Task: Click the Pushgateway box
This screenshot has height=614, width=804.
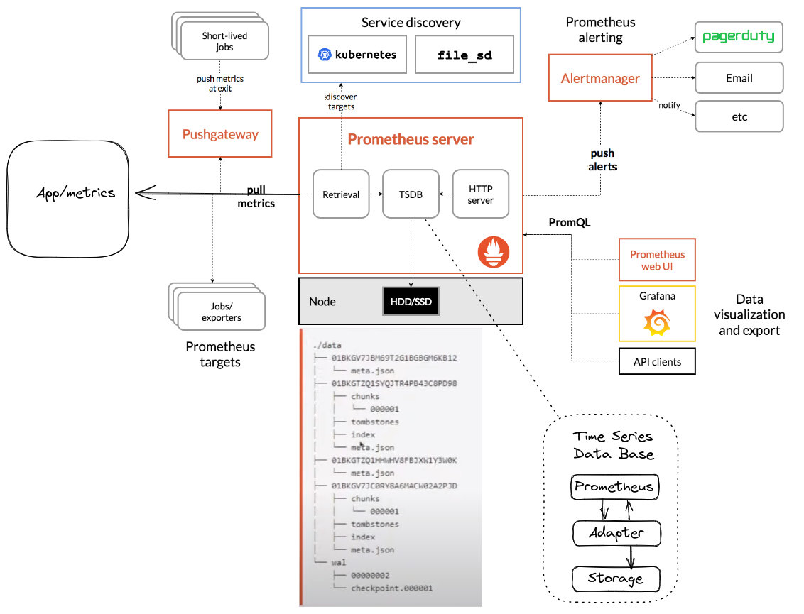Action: pyautogui.click(x=220, y=133)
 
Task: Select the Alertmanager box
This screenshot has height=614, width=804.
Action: pyautogui.click(x=600, y=78)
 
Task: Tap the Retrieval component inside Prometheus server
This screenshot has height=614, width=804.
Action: pyautogui.click(x=341, y=194)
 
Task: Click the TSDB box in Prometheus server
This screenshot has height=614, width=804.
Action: pyautogui.click(x=411, y=194)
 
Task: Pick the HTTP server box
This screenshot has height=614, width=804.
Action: pyautogui.click(x=481, y=194)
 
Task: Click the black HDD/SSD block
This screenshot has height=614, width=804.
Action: pyautogui.click(x=411, y=302)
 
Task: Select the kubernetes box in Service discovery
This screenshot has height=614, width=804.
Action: pyautogui.click(x=357, y=55)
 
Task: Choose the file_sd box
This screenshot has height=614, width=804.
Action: pyautogui.click(x=465, y=55)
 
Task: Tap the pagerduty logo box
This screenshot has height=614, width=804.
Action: pyautogui.click(x=739, y=37)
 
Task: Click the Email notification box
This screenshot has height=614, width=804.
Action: pyautogui.click(x=739, y=78)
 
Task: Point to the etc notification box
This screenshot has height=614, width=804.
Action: pyautogui.click(x=739, y=116)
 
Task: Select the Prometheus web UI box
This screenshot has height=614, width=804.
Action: pyautogui.click(x=657, y=260)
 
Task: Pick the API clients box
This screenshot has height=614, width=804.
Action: pyautogui.click(x=657, y=361)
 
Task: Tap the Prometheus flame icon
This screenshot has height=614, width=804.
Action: pyautogui.click(x=493, y=252)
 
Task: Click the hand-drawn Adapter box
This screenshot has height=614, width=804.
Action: pyautogui.click(x=616, y=533)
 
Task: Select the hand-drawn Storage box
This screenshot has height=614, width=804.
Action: pyautogui.click(x=616, y=579)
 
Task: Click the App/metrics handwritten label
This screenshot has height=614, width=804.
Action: pyautogui.click(x=75, y=192)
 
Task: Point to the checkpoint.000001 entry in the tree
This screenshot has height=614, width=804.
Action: pyautogui.click(x=391, y=588)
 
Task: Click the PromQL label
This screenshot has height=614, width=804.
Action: pyautogui.click(x=570, y=222)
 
